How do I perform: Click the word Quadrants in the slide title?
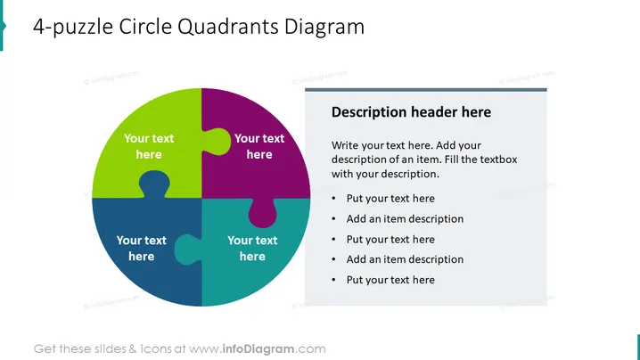tap(228, 27)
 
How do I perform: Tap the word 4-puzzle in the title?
tap(73, 28)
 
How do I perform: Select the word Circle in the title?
tap(145, 27)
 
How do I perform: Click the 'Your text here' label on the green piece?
tap(149, 146)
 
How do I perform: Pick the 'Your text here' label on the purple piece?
tap(259, 146)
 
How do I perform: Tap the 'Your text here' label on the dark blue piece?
tap(141, 248)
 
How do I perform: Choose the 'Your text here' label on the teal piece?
tap(252, 248)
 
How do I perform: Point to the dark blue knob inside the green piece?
tap(154, 184)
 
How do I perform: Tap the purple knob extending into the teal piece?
tap(262, 213)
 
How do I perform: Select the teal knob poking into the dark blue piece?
tap(188, 250)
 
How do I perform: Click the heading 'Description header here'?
tap(411, 112)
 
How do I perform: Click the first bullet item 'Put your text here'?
tap(390, 199)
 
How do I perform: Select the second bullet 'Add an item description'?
tap(405, 219)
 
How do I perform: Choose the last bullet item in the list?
tap(390, 280)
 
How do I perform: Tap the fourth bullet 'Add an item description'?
tap(405, 259)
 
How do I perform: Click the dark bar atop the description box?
tap(426, 90)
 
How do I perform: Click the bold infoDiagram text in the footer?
tap(258, 349)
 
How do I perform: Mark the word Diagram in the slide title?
tap(324, 28)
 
